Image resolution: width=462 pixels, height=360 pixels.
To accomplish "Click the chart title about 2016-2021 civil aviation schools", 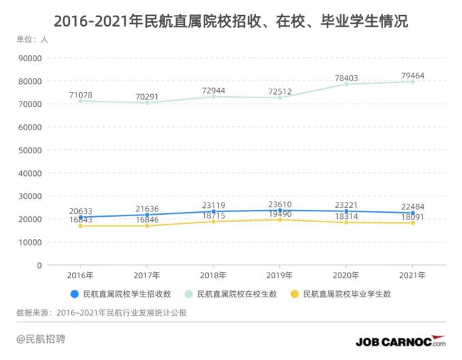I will point(231,21).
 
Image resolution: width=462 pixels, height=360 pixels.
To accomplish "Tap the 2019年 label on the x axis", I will point(279,275).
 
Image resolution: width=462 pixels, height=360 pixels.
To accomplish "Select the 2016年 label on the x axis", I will point(81,275).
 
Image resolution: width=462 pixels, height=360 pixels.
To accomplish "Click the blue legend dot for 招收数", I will point(74,295).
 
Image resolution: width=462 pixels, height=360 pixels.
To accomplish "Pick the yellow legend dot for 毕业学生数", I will point(295,295).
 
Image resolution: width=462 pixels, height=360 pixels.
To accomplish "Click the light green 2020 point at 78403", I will point(345,84).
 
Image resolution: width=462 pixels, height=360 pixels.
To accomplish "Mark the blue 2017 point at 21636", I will point(147,215).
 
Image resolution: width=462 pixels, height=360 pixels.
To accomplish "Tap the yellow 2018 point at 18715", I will point(213,222).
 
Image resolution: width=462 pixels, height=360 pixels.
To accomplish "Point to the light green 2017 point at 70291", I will point(147,103).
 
